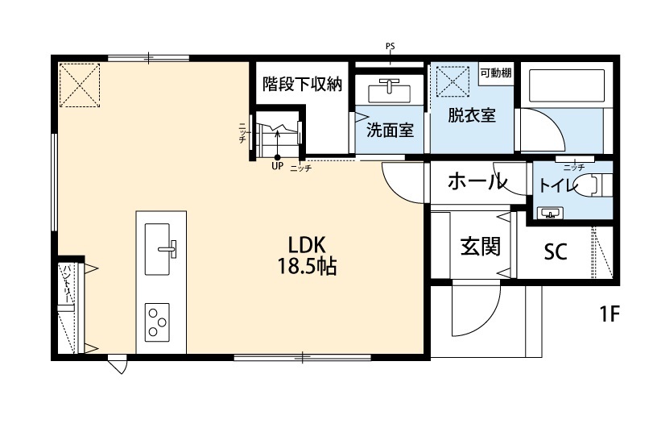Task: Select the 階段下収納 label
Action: point(303,83)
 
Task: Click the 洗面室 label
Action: point(390,130)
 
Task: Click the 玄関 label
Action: point(480,246)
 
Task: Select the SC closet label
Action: point(556,252)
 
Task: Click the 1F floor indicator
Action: point(609,314)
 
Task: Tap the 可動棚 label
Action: point(495,73)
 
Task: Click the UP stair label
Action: point(277,167)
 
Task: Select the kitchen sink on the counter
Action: point(161,240)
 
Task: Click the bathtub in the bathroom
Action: point(565,85)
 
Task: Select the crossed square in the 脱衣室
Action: point(453,81)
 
